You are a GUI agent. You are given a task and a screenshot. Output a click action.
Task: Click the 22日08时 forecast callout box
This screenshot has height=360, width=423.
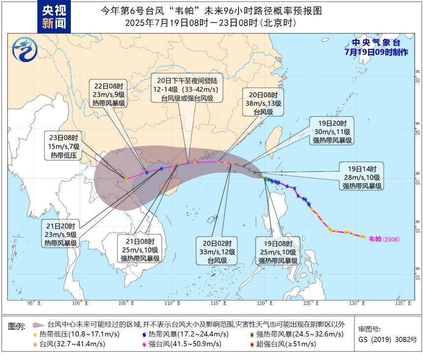tap(109, 94)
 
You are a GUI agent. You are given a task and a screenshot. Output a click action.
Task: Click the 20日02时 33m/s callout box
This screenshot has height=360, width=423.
tap(217, 251)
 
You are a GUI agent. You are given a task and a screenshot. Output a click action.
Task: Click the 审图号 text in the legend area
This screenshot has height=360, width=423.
tap(369, 329)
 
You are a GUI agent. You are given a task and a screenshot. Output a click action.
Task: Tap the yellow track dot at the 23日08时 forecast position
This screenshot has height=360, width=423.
tap(125, 180)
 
